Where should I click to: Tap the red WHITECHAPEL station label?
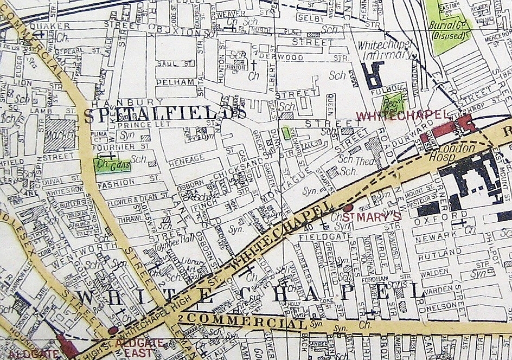tap(401, 115)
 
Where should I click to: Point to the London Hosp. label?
tap(456, 151)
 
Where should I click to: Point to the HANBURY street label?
tap(127, 101)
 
